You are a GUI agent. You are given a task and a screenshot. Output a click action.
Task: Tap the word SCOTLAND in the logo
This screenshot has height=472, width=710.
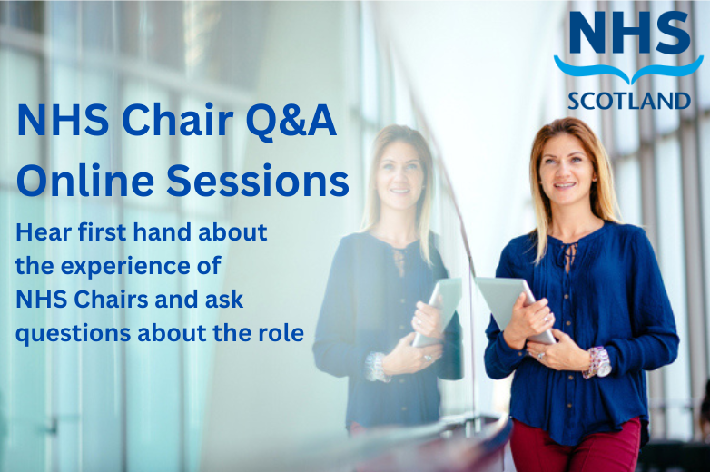tap(627, 97)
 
